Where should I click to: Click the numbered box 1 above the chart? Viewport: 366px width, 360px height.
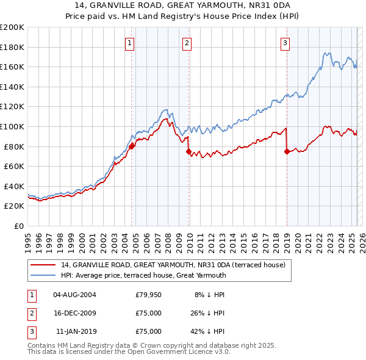(131, 43)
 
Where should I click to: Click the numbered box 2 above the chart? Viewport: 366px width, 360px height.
(187, 43)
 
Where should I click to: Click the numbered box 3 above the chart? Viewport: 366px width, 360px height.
(285, 43)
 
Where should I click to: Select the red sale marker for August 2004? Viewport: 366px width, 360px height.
(132, 146)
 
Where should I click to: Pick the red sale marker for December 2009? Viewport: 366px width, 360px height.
(189, 151)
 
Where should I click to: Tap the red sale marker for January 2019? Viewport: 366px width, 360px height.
(287, 151)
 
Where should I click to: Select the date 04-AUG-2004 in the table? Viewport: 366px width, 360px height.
(74, 295)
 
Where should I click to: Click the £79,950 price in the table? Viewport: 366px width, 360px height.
(149, 295)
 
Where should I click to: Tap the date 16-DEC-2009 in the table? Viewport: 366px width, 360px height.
(74, 313)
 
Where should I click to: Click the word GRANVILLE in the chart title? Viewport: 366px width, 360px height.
(118, 6)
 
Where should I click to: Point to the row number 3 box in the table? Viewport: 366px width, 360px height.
(30, 331)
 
